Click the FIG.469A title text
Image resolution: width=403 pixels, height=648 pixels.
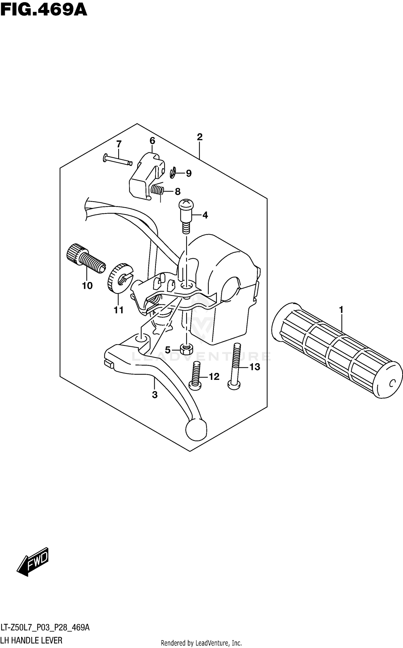pyautogui.click(x=44, y=10)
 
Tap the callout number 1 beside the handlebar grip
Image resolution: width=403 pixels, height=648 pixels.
pyautogui.click(x=341, y=310)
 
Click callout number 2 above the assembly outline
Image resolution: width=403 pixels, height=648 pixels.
pyautogui.click(x=199, y=137)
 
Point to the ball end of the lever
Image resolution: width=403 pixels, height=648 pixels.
pyautogui.click(x=196, y=429)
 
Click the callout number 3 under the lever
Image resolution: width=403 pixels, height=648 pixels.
pyautogui.click(x=154, y=395)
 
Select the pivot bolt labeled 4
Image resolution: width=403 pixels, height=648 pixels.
pyautogui.click(x=186, y=215)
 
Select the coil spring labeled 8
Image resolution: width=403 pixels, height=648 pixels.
pyautogui.click(x=157, y=190)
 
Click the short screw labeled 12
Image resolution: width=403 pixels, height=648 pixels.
pyautogui.click(x=196, y=376)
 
